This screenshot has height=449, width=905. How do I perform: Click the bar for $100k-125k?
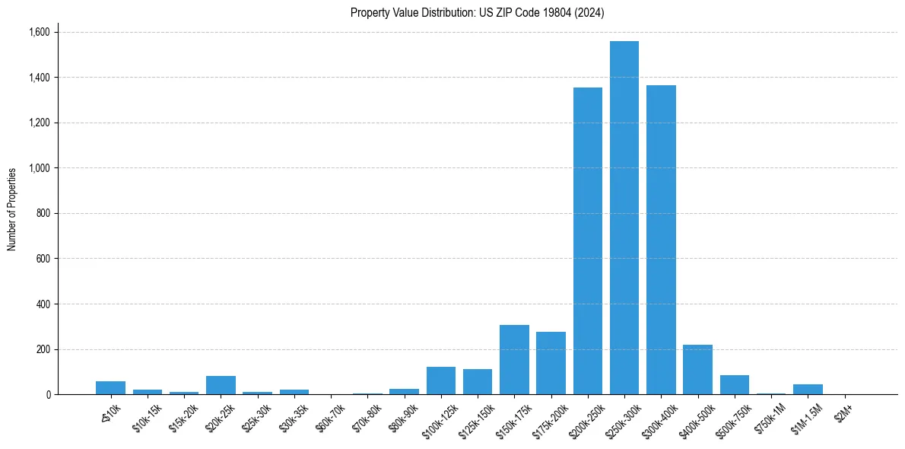(441, 381)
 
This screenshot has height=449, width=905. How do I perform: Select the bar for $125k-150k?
(478, 382)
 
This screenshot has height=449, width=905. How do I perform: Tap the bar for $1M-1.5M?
(808, 390)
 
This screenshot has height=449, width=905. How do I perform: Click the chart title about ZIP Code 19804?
(478, 12)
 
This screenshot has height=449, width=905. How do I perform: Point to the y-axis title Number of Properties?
(12, 209)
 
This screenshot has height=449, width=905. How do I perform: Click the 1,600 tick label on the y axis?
(39, 32)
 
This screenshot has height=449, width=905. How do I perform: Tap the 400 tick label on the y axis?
(43, 304)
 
